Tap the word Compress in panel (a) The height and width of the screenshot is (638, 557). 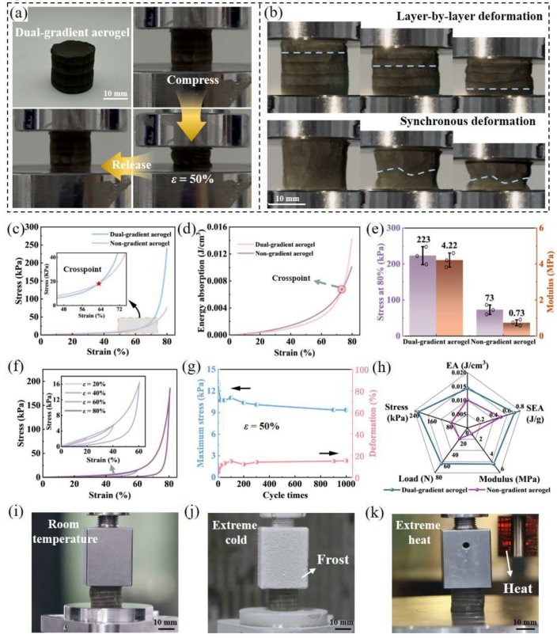(x=192, y=81)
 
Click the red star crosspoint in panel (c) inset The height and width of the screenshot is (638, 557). (x=98, y=283)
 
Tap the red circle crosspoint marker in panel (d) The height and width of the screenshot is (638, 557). (x=343, y=289)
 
